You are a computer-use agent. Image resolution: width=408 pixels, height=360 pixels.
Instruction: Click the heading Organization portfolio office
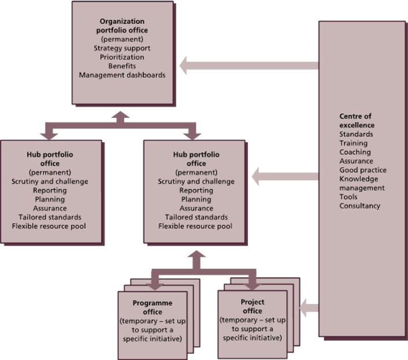pyautogui.click(x=122, y=25)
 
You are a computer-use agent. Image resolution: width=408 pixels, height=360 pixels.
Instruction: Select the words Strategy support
pyautogui.click(x=122, y=48)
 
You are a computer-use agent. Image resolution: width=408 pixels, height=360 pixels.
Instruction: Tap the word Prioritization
pyautogui.click(x=122, y=57)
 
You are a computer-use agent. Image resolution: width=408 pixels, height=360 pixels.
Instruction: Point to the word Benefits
pyautogui.click(x=122, y=66)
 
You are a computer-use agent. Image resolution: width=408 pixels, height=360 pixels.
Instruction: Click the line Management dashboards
pyautogui.click(x=122, y=75)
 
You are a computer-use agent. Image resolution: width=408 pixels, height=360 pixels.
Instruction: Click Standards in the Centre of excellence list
pyautogui.click(x=356, y=135)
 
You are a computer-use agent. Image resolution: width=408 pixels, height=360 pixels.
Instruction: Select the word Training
pyautogui.click(x=354, y=143)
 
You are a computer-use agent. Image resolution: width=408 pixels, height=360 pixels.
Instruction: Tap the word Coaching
pyautogui.click(x=355, y=152)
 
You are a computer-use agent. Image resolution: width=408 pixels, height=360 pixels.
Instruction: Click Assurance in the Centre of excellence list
pyautogui.click(x=356, y=161)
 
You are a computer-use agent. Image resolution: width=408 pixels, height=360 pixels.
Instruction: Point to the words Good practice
pyautogui.click(x=363, y=170)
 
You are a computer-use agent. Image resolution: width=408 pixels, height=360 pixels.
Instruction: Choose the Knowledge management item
pyautogui.click(x=362, y=183)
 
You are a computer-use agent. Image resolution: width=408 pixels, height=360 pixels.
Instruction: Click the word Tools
pyautogui.click(x=348, y=196)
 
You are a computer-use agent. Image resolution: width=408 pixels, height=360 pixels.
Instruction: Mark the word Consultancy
pyautogui.click(x=359, y=206)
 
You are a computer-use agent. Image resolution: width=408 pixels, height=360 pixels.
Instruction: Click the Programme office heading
pyautogui.click(x=153, y=307)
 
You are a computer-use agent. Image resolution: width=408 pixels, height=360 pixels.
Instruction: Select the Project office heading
pyautogui.click(x=252, y=306)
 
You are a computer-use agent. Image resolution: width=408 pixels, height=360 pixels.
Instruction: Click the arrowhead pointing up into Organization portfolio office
pyautogui.click(x=121, y=114)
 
